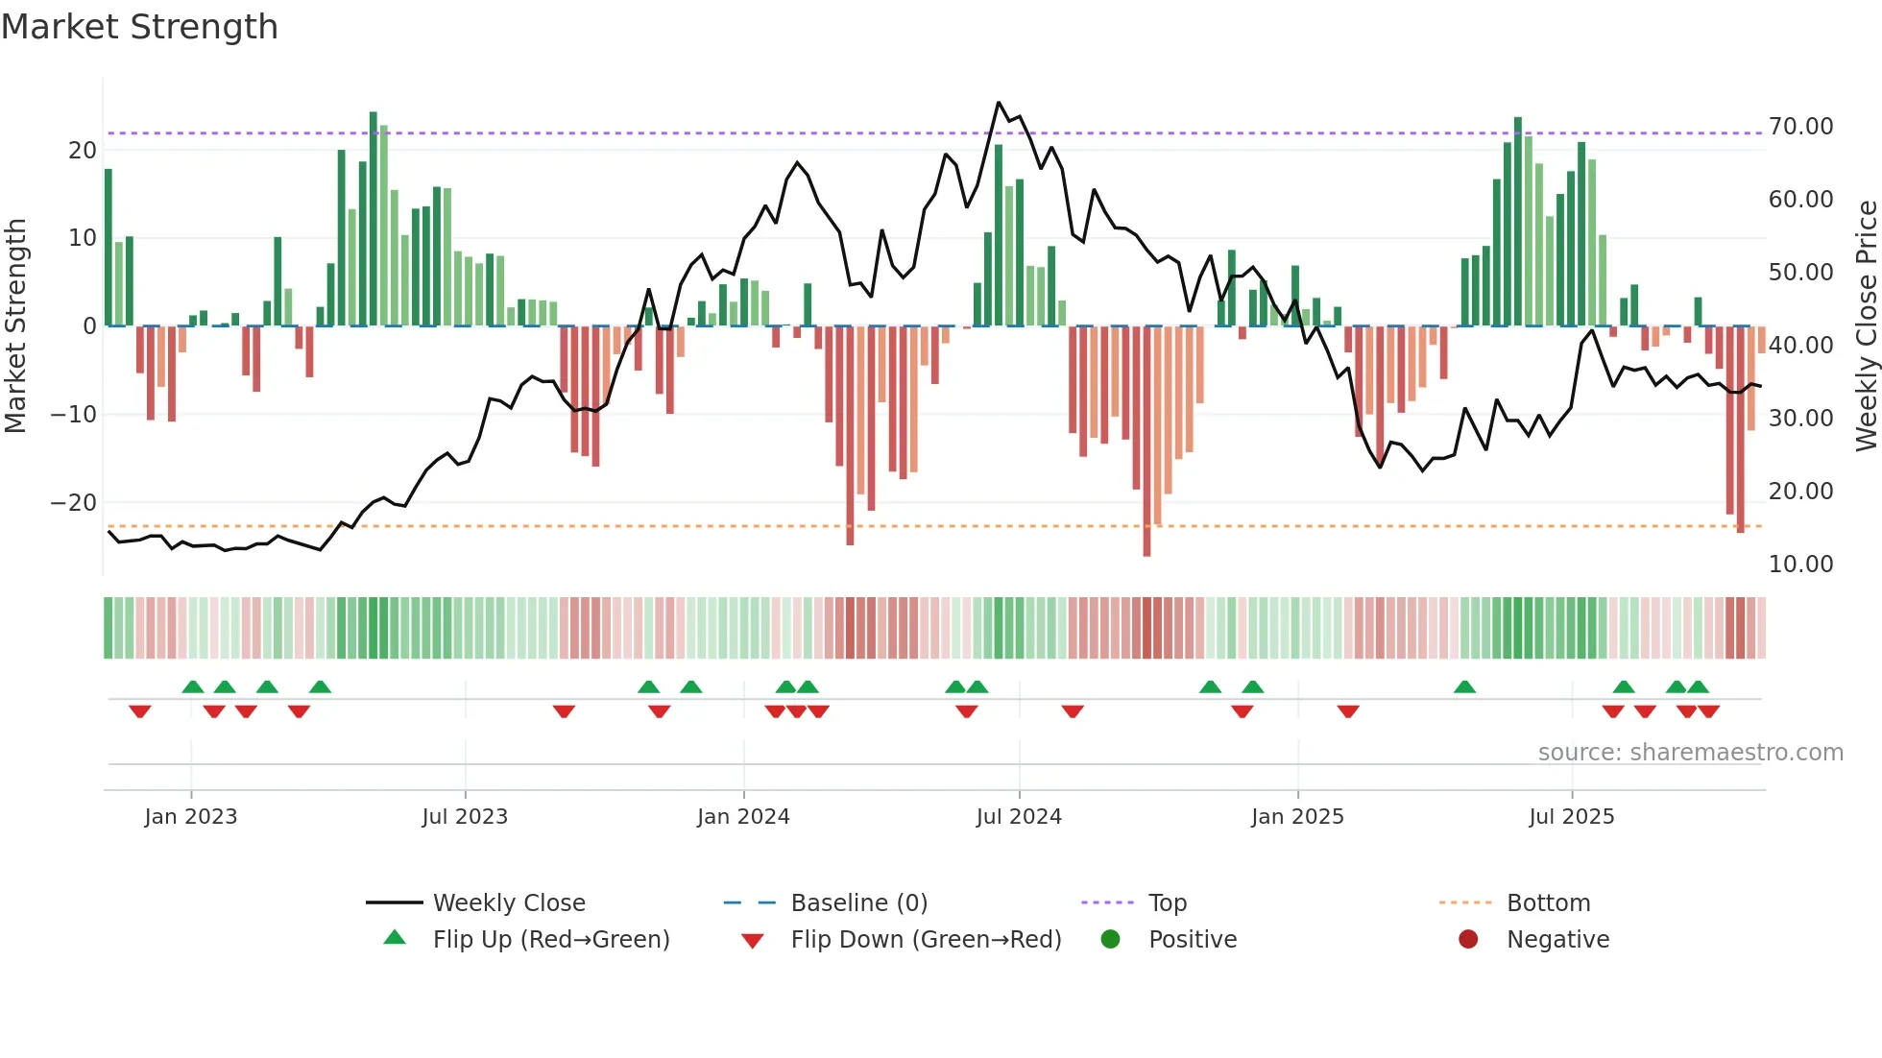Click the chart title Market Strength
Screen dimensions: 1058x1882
click(x=139, y=27)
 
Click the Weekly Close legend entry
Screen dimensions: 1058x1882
click(x=508, y=903)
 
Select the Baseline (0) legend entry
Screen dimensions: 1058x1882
click(x=858, y=903)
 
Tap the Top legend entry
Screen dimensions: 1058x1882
click(x=1167, y=903)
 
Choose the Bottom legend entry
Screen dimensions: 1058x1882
click(x=1548, y=903)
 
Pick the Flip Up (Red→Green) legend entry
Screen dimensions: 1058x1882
click(x=550, y=940)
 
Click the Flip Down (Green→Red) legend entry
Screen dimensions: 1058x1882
click(x=926, y=940)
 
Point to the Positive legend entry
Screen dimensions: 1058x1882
click(x=1192, y=940)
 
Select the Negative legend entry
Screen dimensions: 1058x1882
click(x=1557, y=940)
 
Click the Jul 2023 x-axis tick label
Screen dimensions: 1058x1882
click(x=465, y=817)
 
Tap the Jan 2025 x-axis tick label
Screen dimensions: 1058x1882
click(x=1297, y=817)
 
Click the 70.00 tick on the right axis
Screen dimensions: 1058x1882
click(x=1800, y=127)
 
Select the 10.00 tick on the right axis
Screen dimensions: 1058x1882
click(x=1800, y=565)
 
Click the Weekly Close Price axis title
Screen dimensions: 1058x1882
click(x=1866, y=326)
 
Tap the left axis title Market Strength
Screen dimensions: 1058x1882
click(x=15, y=326)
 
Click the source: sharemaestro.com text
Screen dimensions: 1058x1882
click(x=1690, y=753)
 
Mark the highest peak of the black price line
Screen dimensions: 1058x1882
click(x=999, y=103)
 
